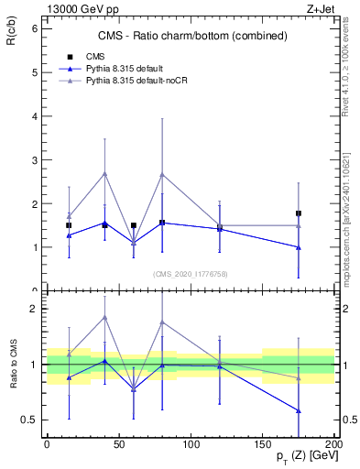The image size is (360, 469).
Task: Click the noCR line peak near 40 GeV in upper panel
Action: pyautogui.click(x=104, y=173)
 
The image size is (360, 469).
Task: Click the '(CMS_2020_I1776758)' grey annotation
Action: pyautogui.click(x=190, y=273)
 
